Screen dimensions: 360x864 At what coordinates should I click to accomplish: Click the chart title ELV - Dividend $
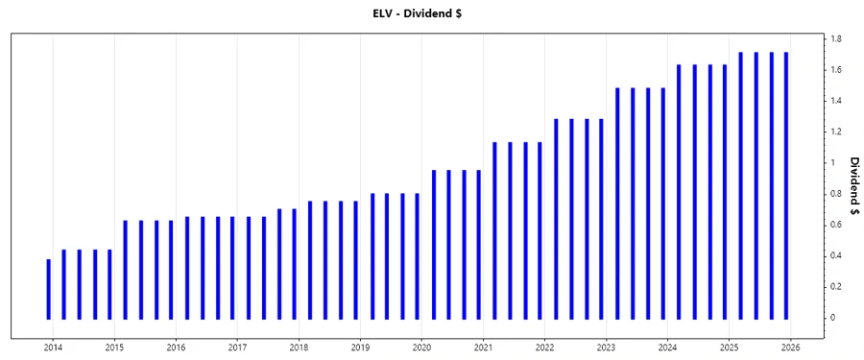pos(431,12)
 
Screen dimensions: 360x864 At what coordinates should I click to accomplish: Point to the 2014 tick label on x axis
pos(53,348)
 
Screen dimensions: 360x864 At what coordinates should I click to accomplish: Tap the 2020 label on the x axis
pos(421,348)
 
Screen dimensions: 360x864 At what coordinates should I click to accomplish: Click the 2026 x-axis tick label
pos(790,348)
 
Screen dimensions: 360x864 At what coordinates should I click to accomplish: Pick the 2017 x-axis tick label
pos(237,348)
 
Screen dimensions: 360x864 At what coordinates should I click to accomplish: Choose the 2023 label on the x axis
pos(606,348)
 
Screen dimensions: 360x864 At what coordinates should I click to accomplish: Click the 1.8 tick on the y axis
pos(837,39)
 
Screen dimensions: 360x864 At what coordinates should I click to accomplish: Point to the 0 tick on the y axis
pos(833,318)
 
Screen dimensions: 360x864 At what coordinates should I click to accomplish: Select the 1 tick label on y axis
pos(833,163)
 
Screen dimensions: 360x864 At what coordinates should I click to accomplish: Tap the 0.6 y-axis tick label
pos(837,225)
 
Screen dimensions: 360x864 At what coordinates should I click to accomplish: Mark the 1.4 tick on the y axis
pos(837,101)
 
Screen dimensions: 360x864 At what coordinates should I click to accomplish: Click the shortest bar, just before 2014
pos(49,288)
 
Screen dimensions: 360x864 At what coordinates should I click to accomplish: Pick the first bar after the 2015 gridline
pos(126,269)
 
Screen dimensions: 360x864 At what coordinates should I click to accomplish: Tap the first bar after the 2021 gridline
pos(494,230)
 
